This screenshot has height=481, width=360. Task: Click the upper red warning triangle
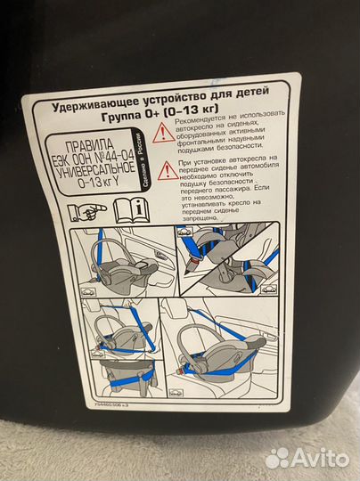click(163, 134)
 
